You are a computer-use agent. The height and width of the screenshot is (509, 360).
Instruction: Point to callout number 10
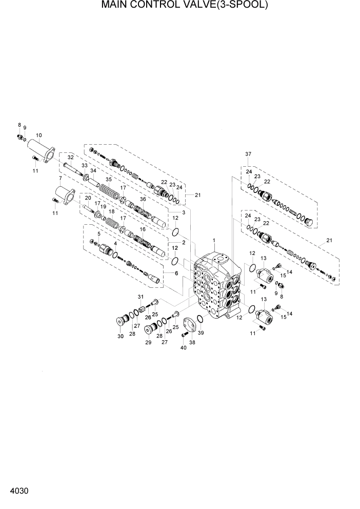(38, 135)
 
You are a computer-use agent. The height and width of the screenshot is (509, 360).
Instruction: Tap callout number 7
(60, 178)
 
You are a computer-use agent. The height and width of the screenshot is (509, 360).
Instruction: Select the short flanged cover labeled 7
(64, 196)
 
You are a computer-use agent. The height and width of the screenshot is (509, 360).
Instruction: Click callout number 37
(248, 154)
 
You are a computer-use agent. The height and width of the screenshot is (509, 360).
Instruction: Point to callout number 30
(121, 336)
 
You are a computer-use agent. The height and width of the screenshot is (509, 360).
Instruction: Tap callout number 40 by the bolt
(184, 348)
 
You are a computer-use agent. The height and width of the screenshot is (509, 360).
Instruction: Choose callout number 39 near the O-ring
(201, 333)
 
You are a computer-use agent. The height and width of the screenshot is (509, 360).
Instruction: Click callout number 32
(71, 157)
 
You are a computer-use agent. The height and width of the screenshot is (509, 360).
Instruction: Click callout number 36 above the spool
(143, 199)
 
